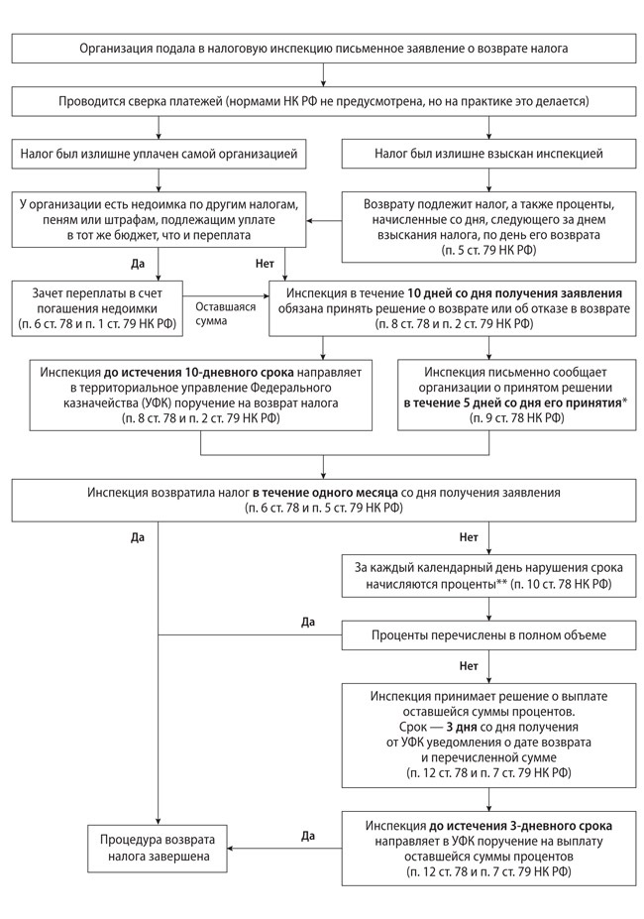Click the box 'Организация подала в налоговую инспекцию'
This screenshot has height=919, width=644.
pyautogui.click(x=323, y=48)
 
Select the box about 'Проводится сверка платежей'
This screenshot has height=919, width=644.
pyautogui.click(x=323, y=101)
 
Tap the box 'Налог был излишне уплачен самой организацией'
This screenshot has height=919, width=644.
pyautogui.click(x=159, y=154)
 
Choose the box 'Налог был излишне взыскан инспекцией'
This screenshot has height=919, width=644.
pyautogui.click(x=488, y=154)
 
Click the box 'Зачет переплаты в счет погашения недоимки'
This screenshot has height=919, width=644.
pyautogui.click(x=97, y=308)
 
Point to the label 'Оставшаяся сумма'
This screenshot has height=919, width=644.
pyautogui.click(x=226, y=314)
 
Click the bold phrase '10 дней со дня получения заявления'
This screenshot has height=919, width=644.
pyautogui.click(x=515, y=293)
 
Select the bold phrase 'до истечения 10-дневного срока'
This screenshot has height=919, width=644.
pyautogui.click(x=199, y=372)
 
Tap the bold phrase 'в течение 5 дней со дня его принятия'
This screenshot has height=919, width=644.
pyautogui.click(x=511, y=402)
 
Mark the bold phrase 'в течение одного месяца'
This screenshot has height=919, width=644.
pyautogui.click(x=325, y=493)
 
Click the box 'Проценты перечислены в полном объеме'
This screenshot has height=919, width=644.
pyautogui.click(x=488, y=635)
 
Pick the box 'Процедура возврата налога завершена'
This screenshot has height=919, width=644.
pyautogui.click(x=158, y=848)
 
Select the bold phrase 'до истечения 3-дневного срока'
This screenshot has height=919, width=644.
pyautogui.click(x=520, y=827)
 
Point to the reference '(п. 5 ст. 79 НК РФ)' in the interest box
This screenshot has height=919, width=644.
pyautogui.click(x=488, y=251)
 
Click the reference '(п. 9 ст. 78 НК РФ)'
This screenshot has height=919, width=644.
pyautogui.click(x=517, y=418)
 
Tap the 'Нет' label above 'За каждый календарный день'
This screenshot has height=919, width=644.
pyautogui.click(x=469, y=537)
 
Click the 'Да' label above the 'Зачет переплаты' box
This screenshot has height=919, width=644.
pyautogui.click(x=138, y=264)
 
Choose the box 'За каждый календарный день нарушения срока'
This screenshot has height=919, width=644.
pyautogui.click(x=488, y=576)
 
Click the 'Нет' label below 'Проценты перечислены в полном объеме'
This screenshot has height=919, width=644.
pyautogui.click(x=469, y=666)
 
